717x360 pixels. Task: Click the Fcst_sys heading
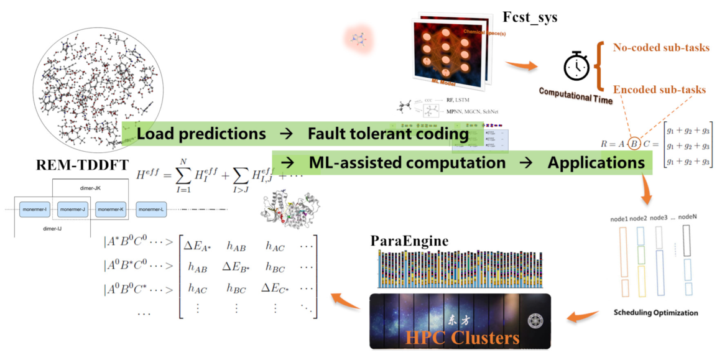click(x=530, y=17)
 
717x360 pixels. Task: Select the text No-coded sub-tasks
click(x=661, y=48)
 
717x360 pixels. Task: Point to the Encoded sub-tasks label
click(x=659, y=90)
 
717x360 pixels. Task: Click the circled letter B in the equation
click(x=634, y=145)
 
